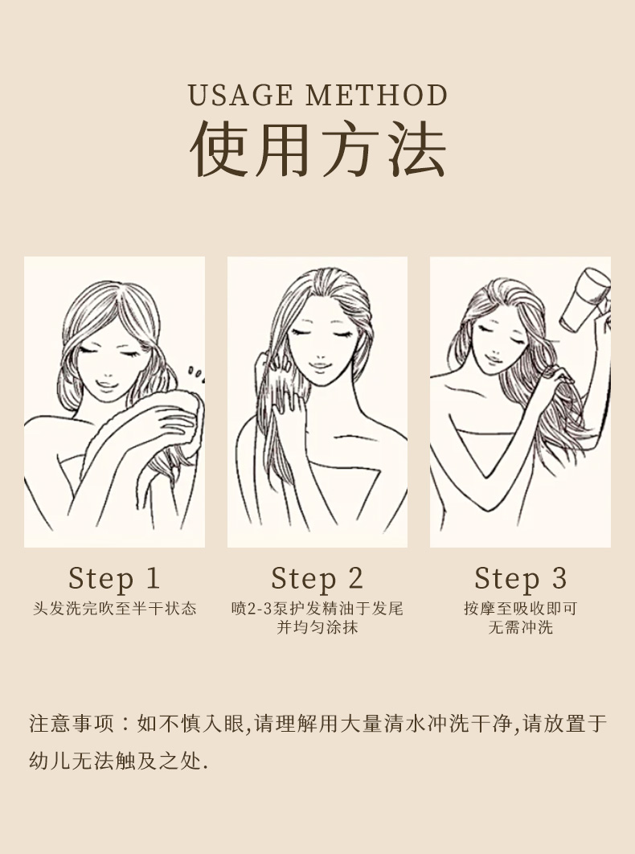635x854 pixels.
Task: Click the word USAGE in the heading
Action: click(240, 96)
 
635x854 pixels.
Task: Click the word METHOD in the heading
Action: click(376, 96)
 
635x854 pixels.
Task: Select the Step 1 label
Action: click(114, 578)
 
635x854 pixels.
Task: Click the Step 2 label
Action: click(317, 578)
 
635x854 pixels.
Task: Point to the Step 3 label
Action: click(520, 578)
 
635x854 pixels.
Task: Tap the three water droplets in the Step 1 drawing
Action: click(195, 372)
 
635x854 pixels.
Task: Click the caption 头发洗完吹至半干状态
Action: click(114, 609)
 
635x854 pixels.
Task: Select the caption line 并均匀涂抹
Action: click(317, 627)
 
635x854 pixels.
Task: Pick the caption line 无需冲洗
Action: click(520, 627)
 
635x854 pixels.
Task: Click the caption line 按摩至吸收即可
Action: click(520, 609)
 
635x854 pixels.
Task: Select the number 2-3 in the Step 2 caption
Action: click(260, 609)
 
